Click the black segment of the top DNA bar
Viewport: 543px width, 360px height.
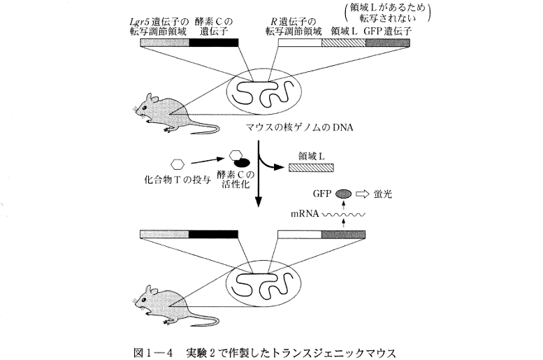(213, 42)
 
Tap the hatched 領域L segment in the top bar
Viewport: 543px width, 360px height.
(342, 42)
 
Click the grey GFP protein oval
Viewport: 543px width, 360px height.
(344, 194)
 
